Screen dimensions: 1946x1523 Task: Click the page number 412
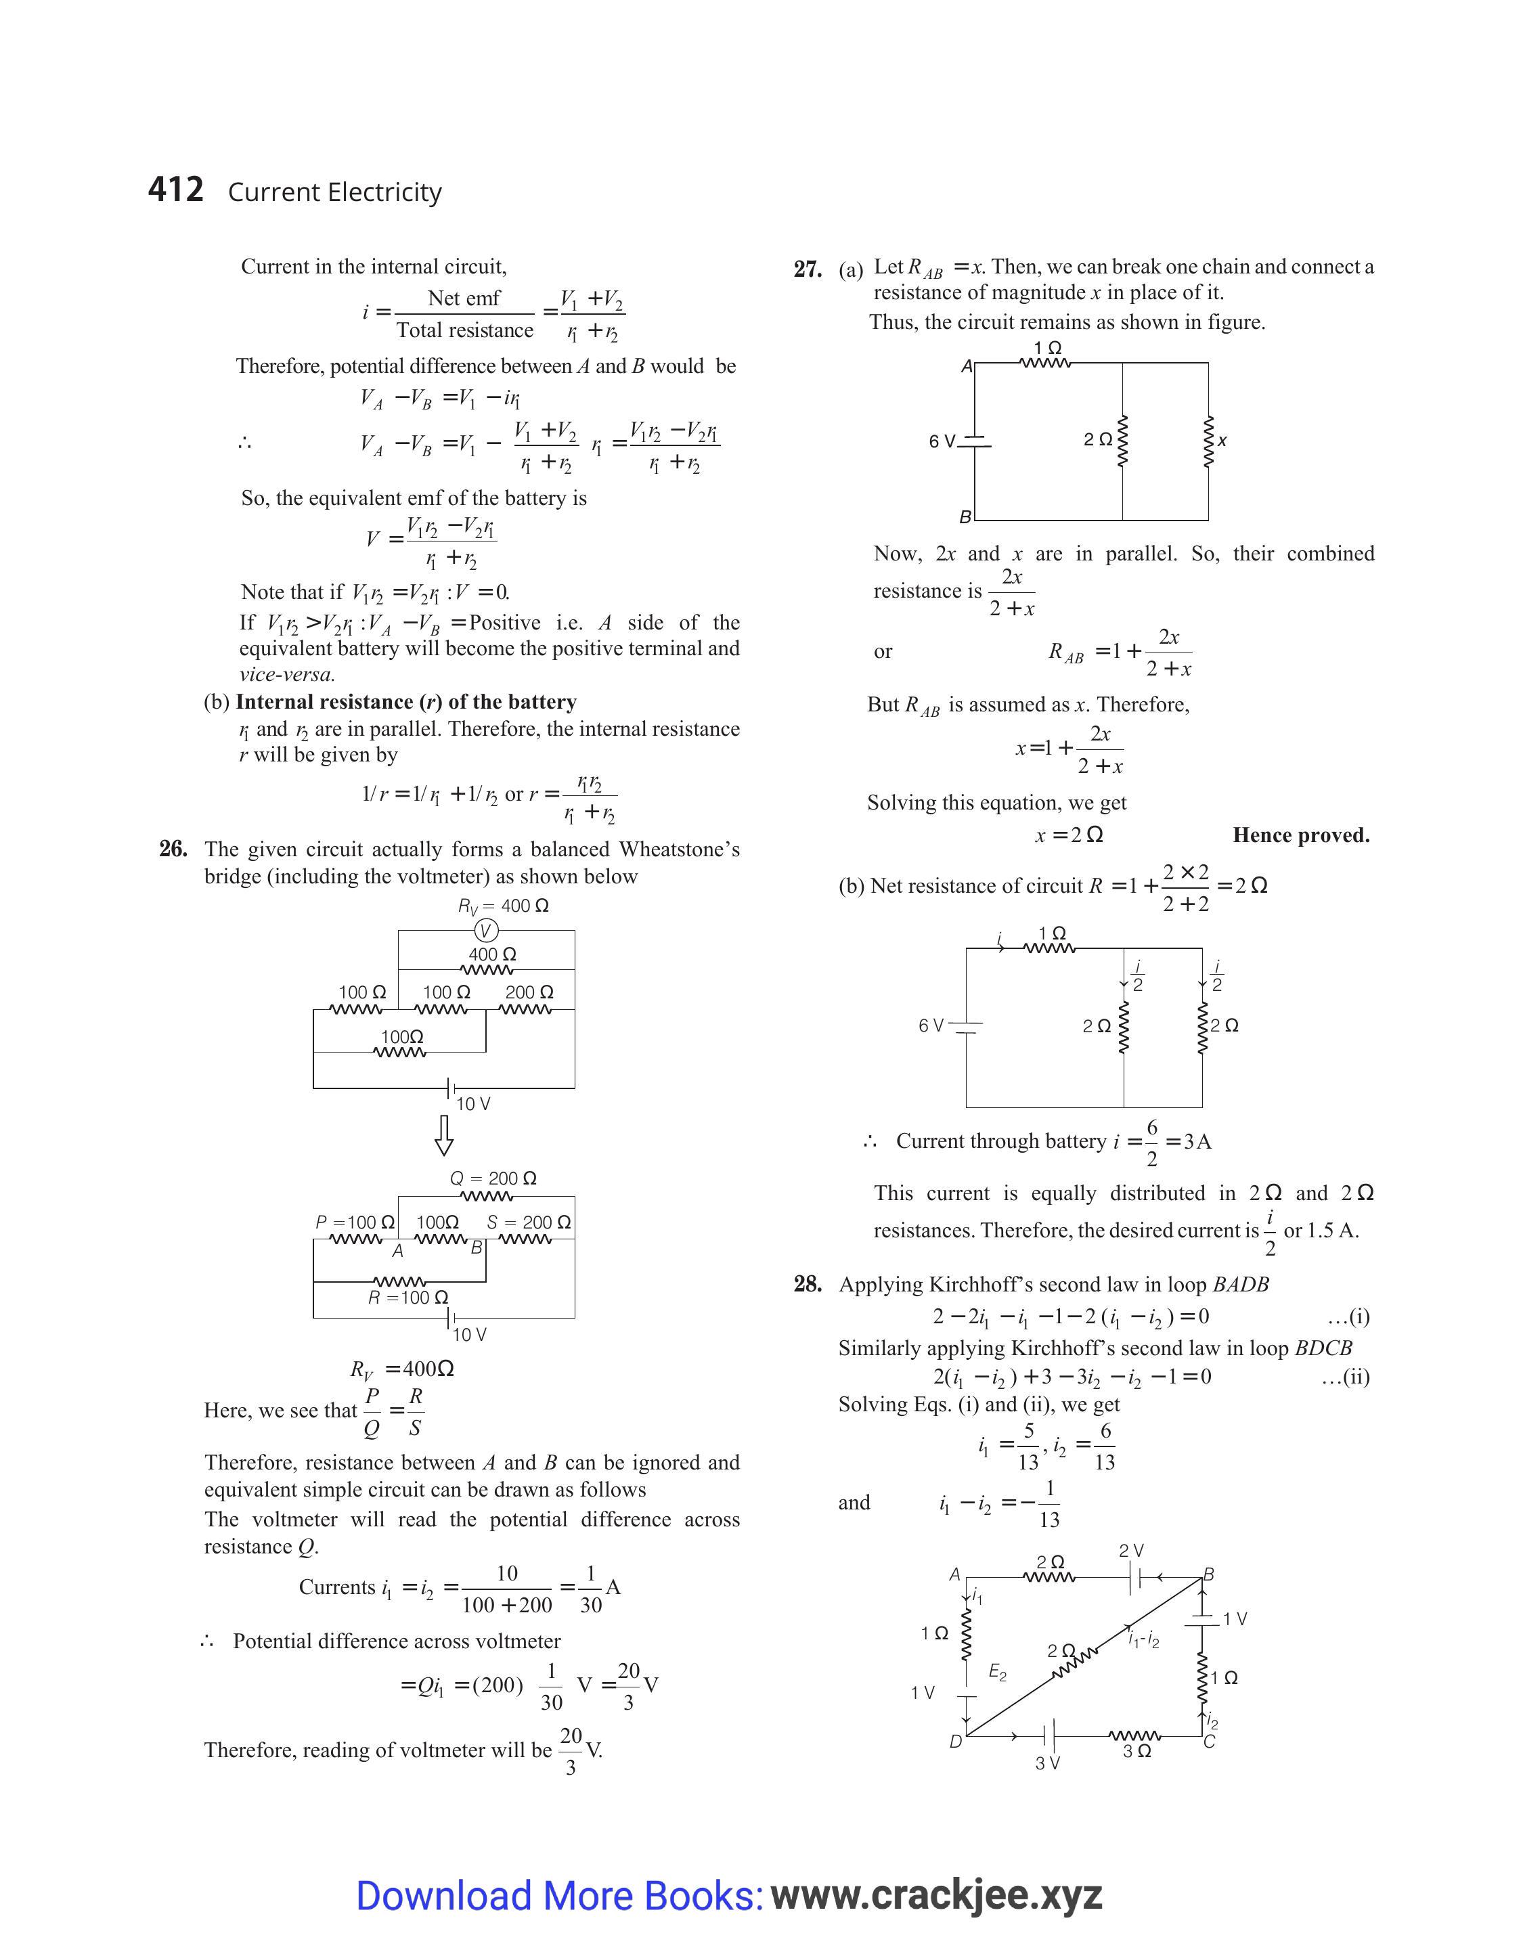coord(176,190)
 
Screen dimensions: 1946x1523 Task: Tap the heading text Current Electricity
coord(334,192)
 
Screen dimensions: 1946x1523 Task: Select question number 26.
coord(173,849)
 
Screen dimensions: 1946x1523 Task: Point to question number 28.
coord(808,1285)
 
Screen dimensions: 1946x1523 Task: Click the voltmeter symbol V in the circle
coord(486,931)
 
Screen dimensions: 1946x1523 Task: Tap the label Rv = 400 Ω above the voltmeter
coord(503,906)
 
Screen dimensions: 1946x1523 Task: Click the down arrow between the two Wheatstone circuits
coord(443,1135)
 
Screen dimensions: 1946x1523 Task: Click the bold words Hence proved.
coord(1301,835)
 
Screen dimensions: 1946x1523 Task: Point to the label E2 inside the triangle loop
coord(998,1673)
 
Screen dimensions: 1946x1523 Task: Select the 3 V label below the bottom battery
coord(1048,1763)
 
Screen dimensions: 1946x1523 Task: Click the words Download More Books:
coord(559,1895)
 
